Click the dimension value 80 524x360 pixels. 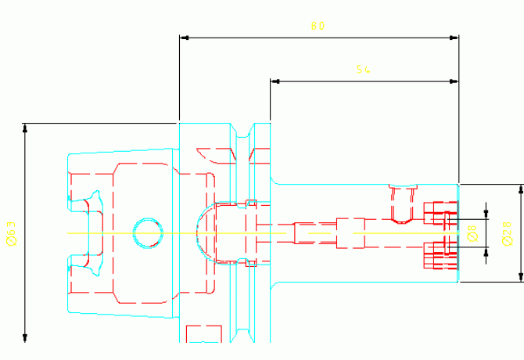317,26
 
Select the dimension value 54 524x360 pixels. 362,70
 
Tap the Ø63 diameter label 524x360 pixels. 11,233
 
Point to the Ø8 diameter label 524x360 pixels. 471,233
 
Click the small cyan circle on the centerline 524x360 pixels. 148,232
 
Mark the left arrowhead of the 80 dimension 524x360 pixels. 184,36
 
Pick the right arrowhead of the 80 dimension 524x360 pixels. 454,36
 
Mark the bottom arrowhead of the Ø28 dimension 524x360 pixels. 521,276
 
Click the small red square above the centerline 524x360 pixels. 251,203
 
